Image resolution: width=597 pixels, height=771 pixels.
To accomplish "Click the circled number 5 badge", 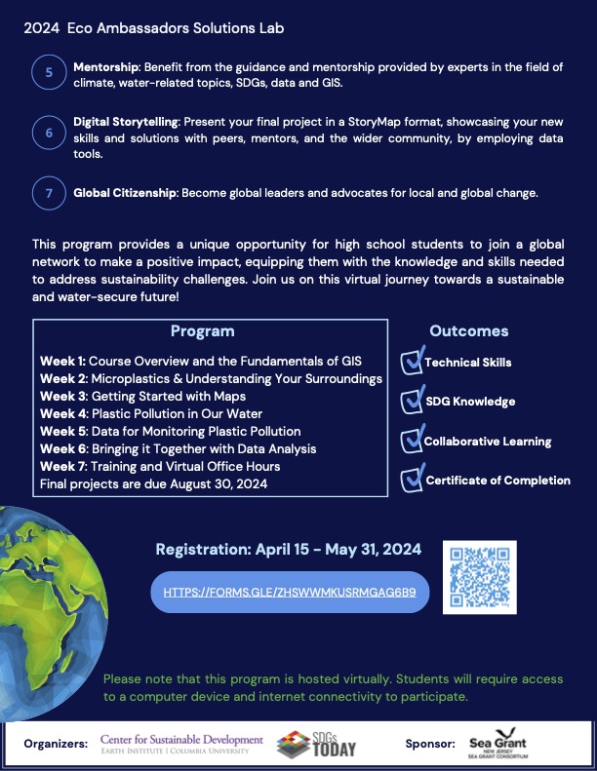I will [x=50, y=73].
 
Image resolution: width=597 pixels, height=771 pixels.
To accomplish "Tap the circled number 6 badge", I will [x=50, y=134].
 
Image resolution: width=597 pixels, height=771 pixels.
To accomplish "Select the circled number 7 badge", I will [x=50, y=193].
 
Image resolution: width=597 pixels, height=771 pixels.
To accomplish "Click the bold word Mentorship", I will [x=106, y=66].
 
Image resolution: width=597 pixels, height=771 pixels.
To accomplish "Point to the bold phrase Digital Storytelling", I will [x=126, y=125].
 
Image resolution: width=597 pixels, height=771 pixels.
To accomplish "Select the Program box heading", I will [x=202, y=331].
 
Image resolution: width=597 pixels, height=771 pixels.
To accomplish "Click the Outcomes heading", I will [x=468, y=331].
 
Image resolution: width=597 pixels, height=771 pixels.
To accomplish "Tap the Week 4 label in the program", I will [x=63, y=413].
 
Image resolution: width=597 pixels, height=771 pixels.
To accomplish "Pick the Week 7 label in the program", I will [x=63, y=466].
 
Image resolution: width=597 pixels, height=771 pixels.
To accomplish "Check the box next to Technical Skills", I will [x=411, y=362].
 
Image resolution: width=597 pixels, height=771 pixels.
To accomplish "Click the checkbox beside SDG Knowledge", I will [x=411, y=401].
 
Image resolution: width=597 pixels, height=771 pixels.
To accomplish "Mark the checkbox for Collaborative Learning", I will [x=411, y=441].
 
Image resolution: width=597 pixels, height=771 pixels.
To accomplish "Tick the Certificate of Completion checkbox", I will [x=411, y=480].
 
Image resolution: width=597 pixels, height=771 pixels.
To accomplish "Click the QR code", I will [x=479, y=576].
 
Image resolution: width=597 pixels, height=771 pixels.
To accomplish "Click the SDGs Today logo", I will [x=317, y=744].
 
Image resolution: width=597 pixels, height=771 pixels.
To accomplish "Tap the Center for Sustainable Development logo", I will [x=181, y=744].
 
